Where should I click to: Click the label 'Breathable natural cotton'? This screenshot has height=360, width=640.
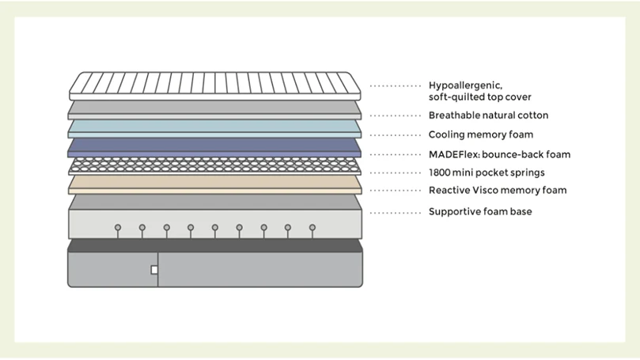[488, 116]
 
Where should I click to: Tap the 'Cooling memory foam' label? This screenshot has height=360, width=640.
[481, 135]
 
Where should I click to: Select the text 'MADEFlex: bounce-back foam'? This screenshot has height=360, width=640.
[500, 155]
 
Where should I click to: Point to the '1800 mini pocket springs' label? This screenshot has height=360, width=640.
[487, 172]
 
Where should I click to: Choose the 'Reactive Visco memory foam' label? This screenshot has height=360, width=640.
[498, 190]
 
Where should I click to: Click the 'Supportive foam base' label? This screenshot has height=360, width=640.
[480, 212]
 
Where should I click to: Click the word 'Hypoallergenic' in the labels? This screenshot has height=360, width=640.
[465, 85]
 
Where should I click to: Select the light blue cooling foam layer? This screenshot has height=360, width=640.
[214, 128]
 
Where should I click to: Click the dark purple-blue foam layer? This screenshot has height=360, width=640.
[214, 147]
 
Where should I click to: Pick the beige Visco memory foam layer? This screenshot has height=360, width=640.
[214, 184]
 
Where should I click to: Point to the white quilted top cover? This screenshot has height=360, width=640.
[214, 86]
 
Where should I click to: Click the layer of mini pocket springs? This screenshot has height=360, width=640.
[214, 165]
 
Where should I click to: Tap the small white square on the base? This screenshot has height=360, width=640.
[154, 270]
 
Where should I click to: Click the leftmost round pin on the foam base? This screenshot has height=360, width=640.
[118, 227]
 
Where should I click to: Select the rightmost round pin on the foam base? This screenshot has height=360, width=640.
[312, 227]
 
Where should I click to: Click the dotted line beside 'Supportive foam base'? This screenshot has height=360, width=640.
[395, 213]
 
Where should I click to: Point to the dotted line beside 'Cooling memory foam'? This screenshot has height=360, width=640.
[395, 135]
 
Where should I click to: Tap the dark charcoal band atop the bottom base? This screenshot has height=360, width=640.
[215, 246]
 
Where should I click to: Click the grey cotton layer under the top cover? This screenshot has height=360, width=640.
[214, 110]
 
